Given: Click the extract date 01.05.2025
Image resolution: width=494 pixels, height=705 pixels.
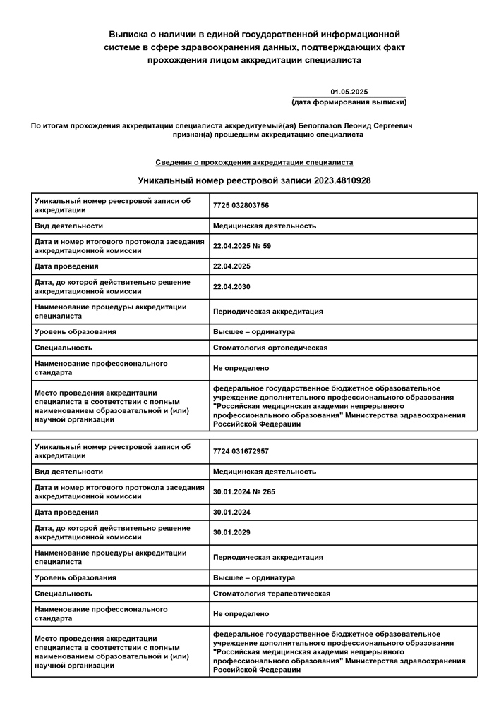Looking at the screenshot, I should point(349,92).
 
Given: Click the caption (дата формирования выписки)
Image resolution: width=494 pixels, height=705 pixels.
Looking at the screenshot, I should point(349,102).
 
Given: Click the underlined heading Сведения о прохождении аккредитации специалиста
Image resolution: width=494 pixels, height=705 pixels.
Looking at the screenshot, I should point(254,162).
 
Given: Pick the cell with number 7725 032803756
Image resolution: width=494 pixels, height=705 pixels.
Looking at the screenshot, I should point(241,206).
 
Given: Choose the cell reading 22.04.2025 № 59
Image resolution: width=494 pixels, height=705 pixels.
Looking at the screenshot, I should point(242,246).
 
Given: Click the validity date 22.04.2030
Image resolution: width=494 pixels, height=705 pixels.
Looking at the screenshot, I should point(232,287).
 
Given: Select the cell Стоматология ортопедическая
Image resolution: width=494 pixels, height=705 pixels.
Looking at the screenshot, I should point(270,348).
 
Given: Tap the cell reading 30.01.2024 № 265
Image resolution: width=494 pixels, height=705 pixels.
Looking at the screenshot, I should point(244,492).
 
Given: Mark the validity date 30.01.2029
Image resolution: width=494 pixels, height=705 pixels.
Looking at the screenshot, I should point(232,532).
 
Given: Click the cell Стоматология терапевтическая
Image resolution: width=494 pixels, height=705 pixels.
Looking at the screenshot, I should point(272,594).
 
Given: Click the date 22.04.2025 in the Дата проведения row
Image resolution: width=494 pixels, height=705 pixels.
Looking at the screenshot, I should point(232,266).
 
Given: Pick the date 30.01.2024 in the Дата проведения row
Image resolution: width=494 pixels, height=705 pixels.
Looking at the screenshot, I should point(232,513).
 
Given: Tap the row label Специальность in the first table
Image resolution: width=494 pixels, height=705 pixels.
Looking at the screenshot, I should point(64,348).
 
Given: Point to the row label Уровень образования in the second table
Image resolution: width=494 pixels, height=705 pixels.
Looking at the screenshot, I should point(76,577).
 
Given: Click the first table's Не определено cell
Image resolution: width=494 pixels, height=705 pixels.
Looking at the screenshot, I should point(241,368).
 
